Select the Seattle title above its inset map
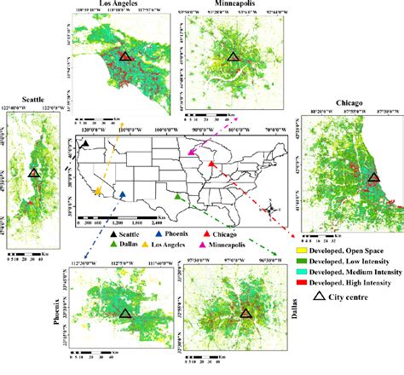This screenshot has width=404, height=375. click(32, 95)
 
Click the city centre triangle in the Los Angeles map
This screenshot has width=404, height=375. click(125, 57)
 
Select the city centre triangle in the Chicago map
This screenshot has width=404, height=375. click(374, 178)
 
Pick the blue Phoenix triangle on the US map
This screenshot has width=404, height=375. click(124, 194)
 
